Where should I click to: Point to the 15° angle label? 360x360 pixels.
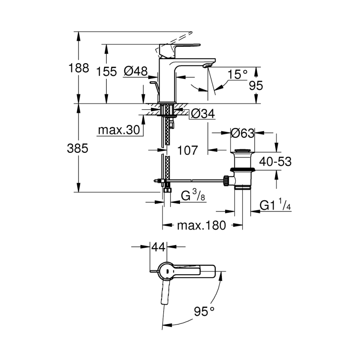(238, 74)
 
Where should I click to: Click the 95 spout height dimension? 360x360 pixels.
(257, 86)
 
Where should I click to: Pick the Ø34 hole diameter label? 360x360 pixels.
(203, 114)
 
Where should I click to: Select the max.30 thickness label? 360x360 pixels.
(118, 130)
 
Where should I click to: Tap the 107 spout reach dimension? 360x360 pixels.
(187, 150)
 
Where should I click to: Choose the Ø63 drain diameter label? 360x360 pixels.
(242, 133)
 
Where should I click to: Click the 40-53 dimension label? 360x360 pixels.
(275, 162)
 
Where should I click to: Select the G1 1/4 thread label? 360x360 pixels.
(275, 206)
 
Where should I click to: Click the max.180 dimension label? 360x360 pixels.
(202, 226)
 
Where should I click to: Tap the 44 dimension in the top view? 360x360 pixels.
(158, 248)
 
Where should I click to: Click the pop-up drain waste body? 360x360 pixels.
(242, 172)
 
